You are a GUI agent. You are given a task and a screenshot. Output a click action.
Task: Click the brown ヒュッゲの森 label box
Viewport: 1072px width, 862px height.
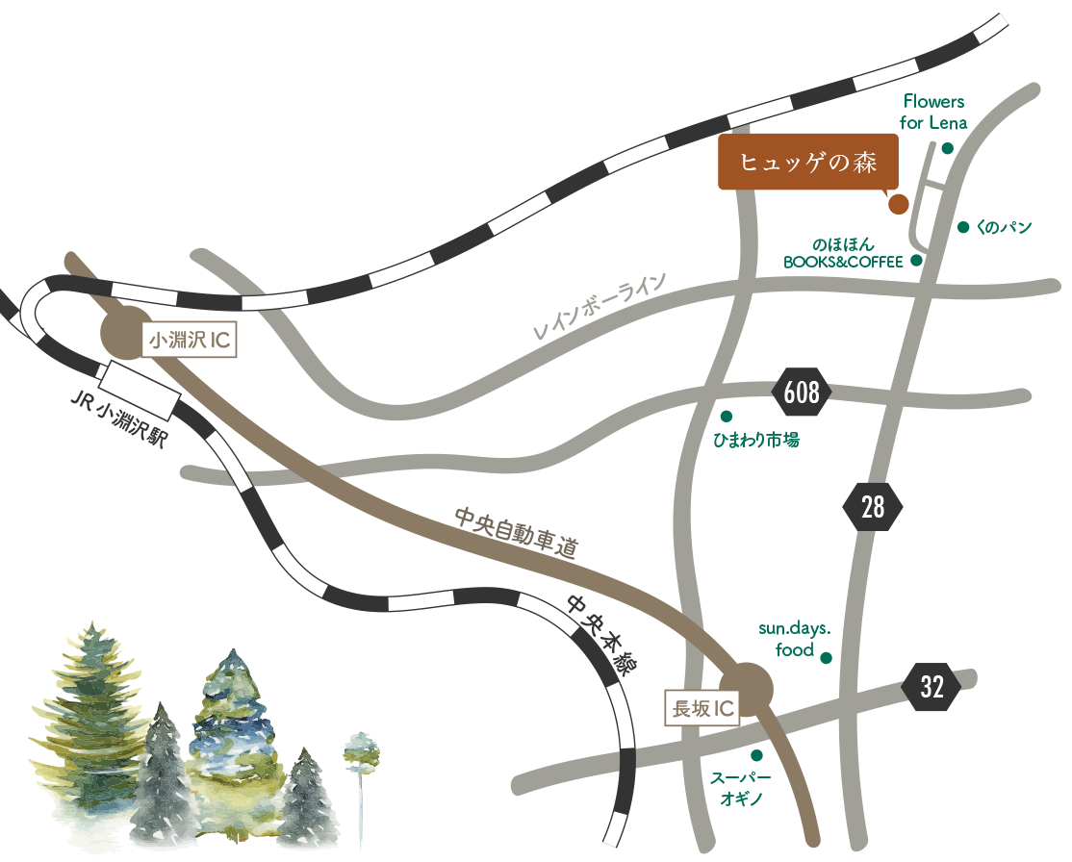807,162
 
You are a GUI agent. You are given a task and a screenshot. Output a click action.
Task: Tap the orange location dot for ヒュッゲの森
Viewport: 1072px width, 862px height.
898,204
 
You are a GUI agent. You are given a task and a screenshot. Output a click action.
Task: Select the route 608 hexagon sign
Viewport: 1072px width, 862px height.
802,393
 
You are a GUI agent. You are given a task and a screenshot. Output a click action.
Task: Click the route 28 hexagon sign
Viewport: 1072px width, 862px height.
873,507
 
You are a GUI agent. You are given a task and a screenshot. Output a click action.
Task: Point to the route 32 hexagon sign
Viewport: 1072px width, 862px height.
932,686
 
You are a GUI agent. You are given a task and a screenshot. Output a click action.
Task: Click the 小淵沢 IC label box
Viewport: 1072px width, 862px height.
190,340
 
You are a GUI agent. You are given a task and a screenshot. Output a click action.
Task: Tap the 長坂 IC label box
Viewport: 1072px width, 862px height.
702,708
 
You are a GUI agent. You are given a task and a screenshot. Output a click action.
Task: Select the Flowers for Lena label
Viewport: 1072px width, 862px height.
933,113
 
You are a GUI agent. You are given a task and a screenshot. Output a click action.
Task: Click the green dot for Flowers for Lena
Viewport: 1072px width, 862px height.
947,148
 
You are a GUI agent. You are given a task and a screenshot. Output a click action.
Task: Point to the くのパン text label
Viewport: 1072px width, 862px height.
1004,227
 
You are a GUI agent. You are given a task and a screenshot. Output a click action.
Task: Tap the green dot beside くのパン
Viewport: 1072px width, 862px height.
963,227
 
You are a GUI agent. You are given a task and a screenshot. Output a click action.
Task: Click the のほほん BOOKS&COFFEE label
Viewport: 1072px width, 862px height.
843,253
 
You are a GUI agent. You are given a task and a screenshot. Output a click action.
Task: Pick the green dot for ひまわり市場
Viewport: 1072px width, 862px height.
727,417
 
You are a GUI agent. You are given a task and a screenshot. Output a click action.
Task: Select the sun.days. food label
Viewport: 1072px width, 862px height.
795,639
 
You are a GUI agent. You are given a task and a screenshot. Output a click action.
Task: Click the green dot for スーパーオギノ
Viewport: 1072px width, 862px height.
756,755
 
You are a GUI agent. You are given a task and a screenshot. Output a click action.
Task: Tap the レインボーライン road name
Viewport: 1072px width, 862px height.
599,306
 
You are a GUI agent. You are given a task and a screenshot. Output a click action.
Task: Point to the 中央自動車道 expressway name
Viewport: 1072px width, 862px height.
517,533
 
